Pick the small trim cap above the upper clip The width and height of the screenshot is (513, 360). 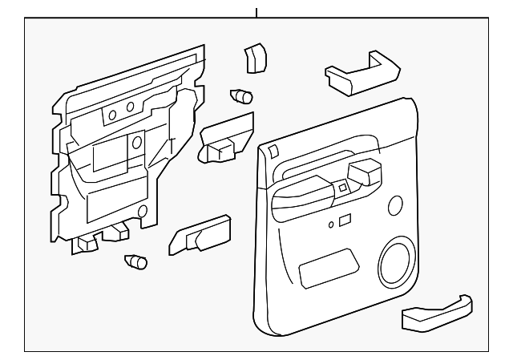(x=254, y=58)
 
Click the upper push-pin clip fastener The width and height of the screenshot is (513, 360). (x=240, y=96)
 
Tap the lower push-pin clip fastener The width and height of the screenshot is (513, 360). (x=137, y=261)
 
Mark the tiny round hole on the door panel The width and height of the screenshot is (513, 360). (x=331, y=225)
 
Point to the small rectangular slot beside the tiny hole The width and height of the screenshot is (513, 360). (x=344, y=220)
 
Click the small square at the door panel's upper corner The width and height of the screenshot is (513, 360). (x=273, y=151)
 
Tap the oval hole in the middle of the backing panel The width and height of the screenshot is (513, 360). (x=137, y=144)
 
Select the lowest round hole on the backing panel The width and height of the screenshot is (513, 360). (x=143, y=212)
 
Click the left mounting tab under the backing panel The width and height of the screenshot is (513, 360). (x=87, y=241)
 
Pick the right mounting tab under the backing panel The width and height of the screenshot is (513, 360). (x=120, y=231)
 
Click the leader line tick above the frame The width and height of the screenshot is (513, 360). (x=256, y=13)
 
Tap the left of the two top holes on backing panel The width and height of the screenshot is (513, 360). (x=112, y=115)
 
